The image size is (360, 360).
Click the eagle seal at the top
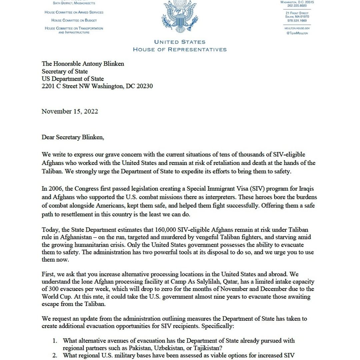tap(180, 17)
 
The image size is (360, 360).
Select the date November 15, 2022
tap(70, 111)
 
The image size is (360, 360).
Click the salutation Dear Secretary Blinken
tap(73, 137)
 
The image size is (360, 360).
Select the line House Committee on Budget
tap(74, 20)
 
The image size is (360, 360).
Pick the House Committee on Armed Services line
tap(74, 12)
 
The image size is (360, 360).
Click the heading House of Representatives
tap(180, 50)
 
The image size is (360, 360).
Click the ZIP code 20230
tap(144, 86)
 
